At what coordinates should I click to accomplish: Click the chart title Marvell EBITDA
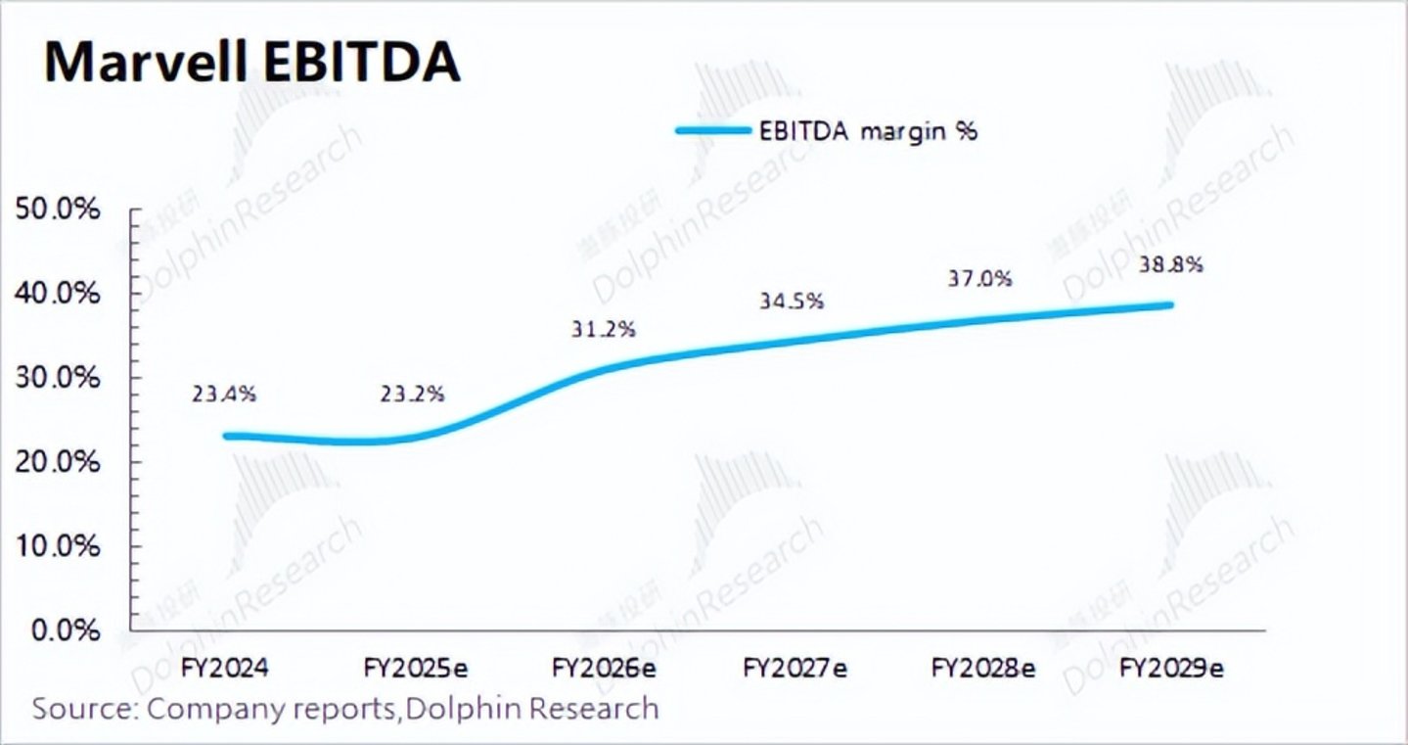click(251, 63)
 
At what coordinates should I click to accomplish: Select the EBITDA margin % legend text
click(869, 131)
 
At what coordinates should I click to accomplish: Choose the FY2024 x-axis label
click(225, 669)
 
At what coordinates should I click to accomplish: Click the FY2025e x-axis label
click(415, 669)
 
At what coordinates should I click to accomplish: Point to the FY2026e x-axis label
click(604, 669)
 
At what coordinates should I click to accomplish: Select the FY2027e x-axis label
click(795, 669)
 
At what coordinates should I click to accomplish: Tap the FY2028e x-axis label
click(983, 669)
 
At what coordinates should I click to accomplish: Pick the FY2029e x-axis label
click(1172, 669)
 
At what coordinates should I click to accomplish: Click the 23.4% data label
click(225, 394)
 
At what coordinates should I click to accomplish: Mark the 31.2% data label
click(604, 329)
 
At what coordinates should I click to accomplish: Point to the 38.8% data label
click(1171, 264)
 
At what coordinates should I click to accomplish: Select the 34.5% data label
click(792, 301)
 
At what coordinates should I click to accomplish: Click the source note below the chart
click(345, 707)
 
